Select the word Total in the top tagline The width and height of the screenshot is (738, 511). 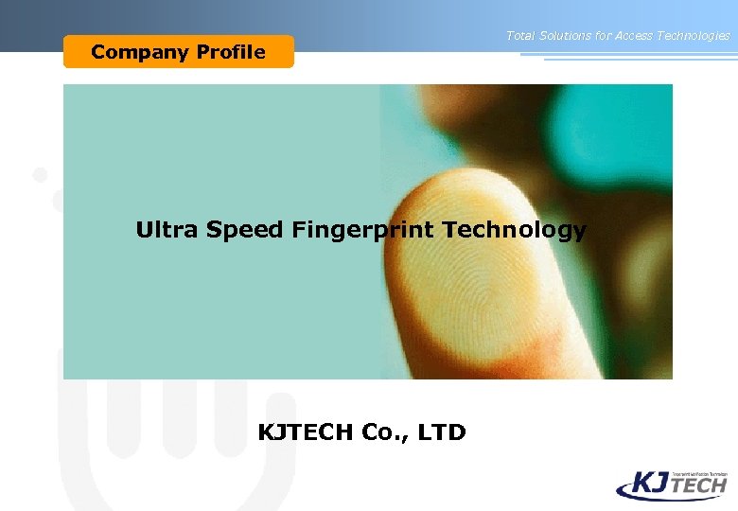(519, 36)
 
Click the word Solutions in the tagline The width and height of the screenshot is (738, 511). (566, 36)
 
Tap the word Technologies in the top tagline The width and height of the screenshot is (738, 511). (698, 36)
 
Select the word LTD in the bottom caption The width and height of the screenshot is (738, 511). (443, 432)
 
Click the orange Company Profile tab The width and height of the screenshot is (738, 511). (179, 52)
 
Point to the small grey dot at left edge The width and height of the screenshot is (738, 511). (40, 174)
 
